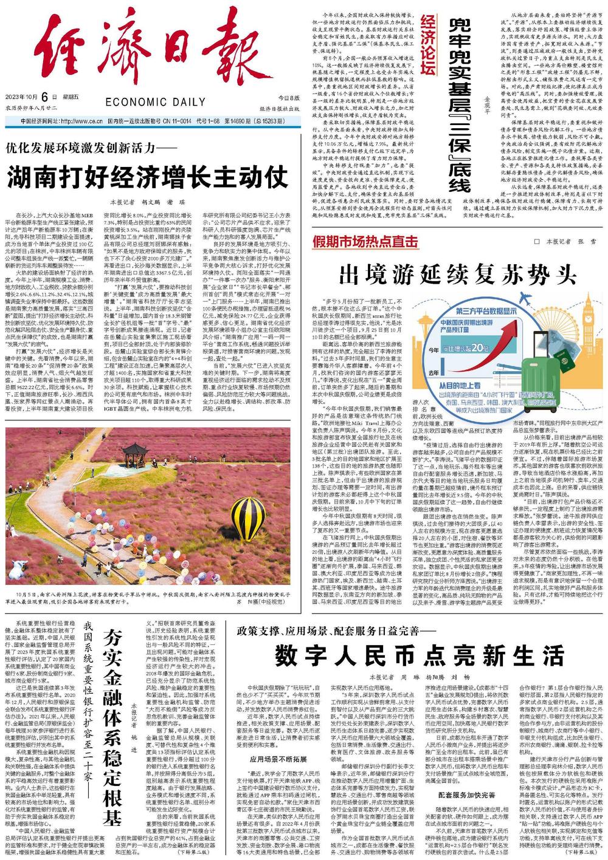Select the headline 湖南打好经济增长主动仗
pos(148,177)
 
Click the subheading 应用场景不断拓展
pos(272,759)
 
